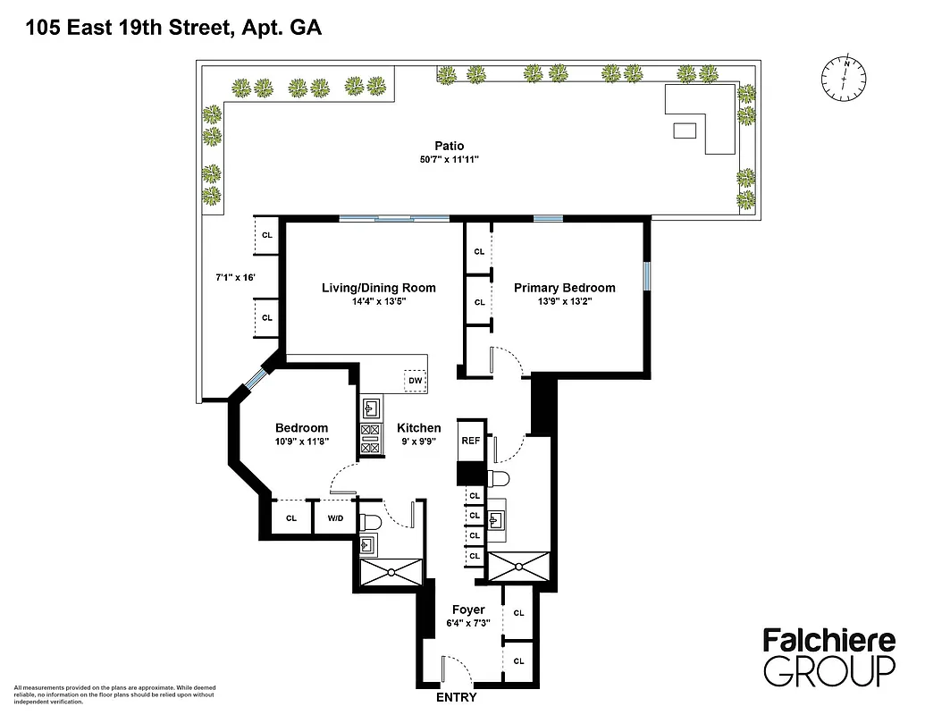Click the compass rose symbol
point(845,79)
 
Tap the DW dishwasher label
point(415,381)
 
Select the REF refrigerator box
point(471,441)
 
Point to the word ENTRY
point(456,697)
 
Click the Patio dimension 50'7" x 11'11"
point(450,161)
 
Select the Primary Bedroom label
point(564,288)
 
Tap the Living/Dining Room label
point(378,288)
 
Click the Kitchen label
point(419,428)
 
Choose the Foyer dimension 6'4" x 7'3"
point(468,624)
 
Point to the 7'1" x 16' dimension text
point(236,278)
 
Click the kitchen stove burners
point(369,440)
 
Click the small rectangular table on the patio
point(685,131)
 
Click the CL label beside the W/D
point(290,517)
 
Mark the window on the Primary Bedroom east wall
point(647,276)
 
